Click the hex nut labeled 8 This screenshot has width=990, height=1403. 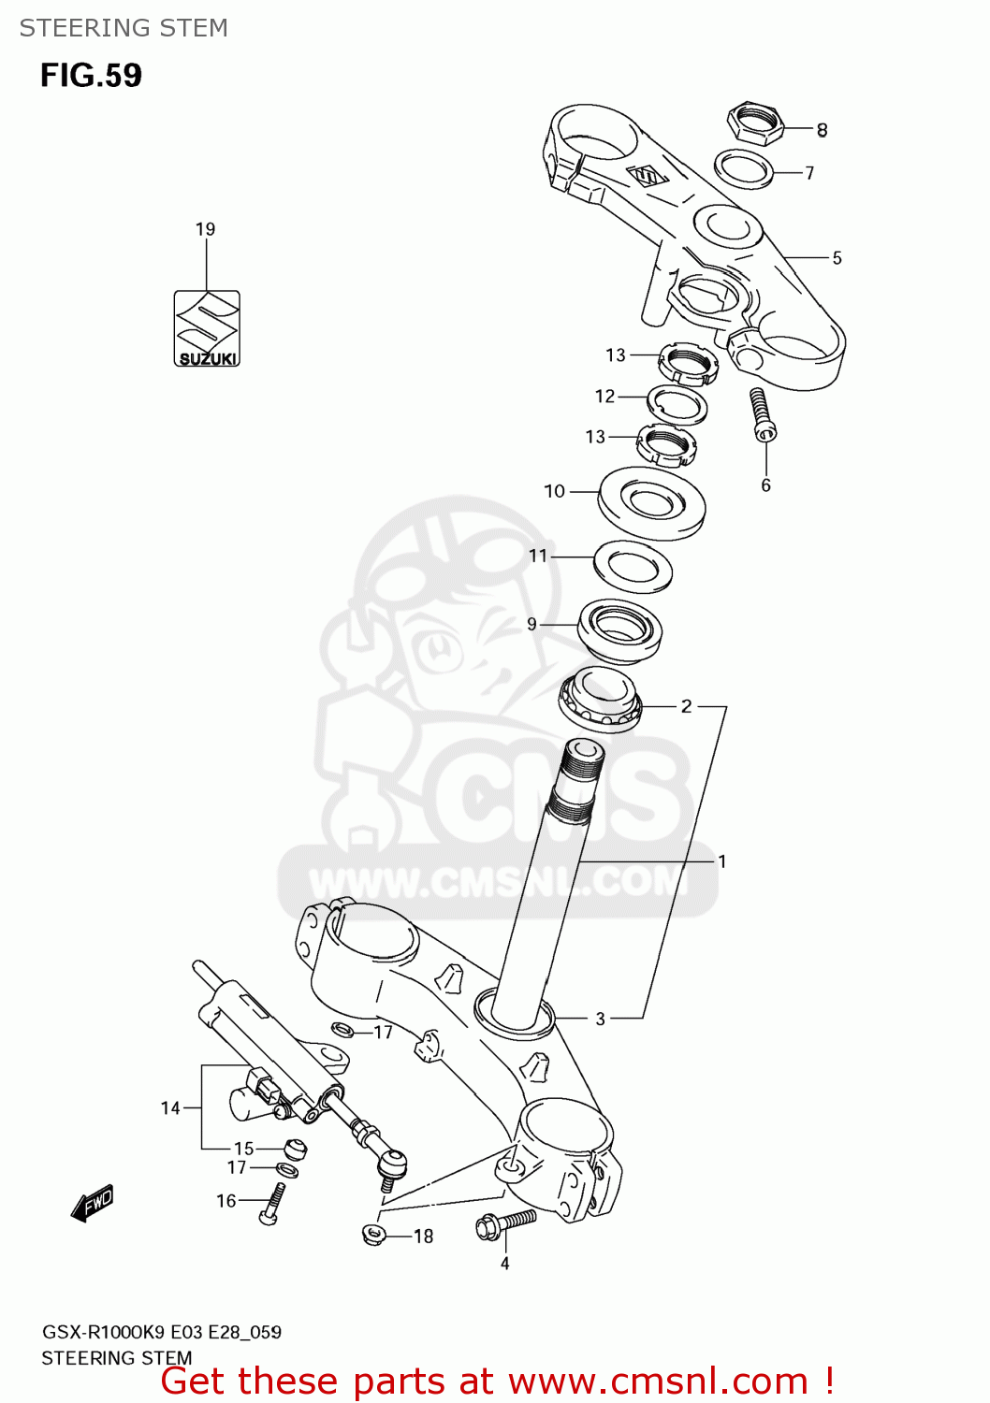(x=754, y=123)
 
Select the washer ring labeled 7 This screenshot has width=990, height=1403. (x=744, y=169)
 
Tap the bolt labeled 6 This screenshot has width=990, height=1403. (x=762, y=413)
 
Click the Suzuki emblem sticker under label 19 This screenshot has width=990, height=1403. (x=207, y=328)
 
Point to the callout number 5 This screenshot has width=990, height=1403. (x=837, y=258)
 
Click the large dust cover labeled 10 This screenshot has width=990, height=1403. (x=651, y=502)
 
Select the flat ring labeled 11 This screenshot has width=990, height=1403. (x=633, y=567)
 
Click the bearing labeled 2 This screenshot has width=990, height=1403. (x=600, y=700)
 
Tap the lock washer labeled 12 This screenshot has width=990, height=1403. (x=677, y=405)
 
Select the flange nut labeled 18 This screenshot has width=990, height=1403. (x=374, y=1234)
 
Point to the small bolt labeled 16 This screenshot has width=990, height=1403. (x=272, y=1204)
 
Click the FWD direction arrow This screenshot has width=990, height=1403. (x=93, y=1203)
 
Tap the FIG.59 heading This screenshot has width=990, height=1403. (x=91, y=75)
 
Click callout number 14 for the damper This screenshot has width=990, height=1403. (x=170, y=1108)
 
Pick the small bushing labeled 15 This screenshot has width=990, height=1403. (x=295, y=1148)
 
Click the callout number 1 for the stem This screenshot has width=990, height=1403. (x=722, y=861)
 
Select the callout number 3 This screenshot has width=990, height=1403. (x=601, y=1019)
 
